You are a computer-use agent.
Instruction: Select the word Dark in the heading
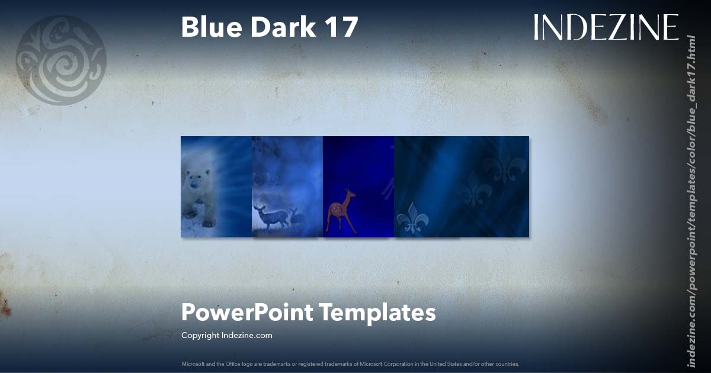coord(277,28)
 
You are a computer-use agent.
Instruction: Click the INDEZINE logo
coord(606,28)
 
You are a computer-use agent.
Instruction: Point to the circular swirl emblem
coord(61,60)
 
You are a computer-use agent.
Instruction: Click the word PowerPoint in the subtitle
coord(246,312)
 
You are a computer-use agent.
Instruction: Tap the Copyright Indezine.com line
coord(226,335)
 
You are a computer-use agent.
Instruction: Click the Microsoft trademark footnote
coord(350,364)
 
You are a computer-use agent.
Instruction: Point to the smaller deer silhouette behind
coord(296,217)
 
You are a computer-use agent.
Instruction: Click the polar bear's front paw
coord(208,223)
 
